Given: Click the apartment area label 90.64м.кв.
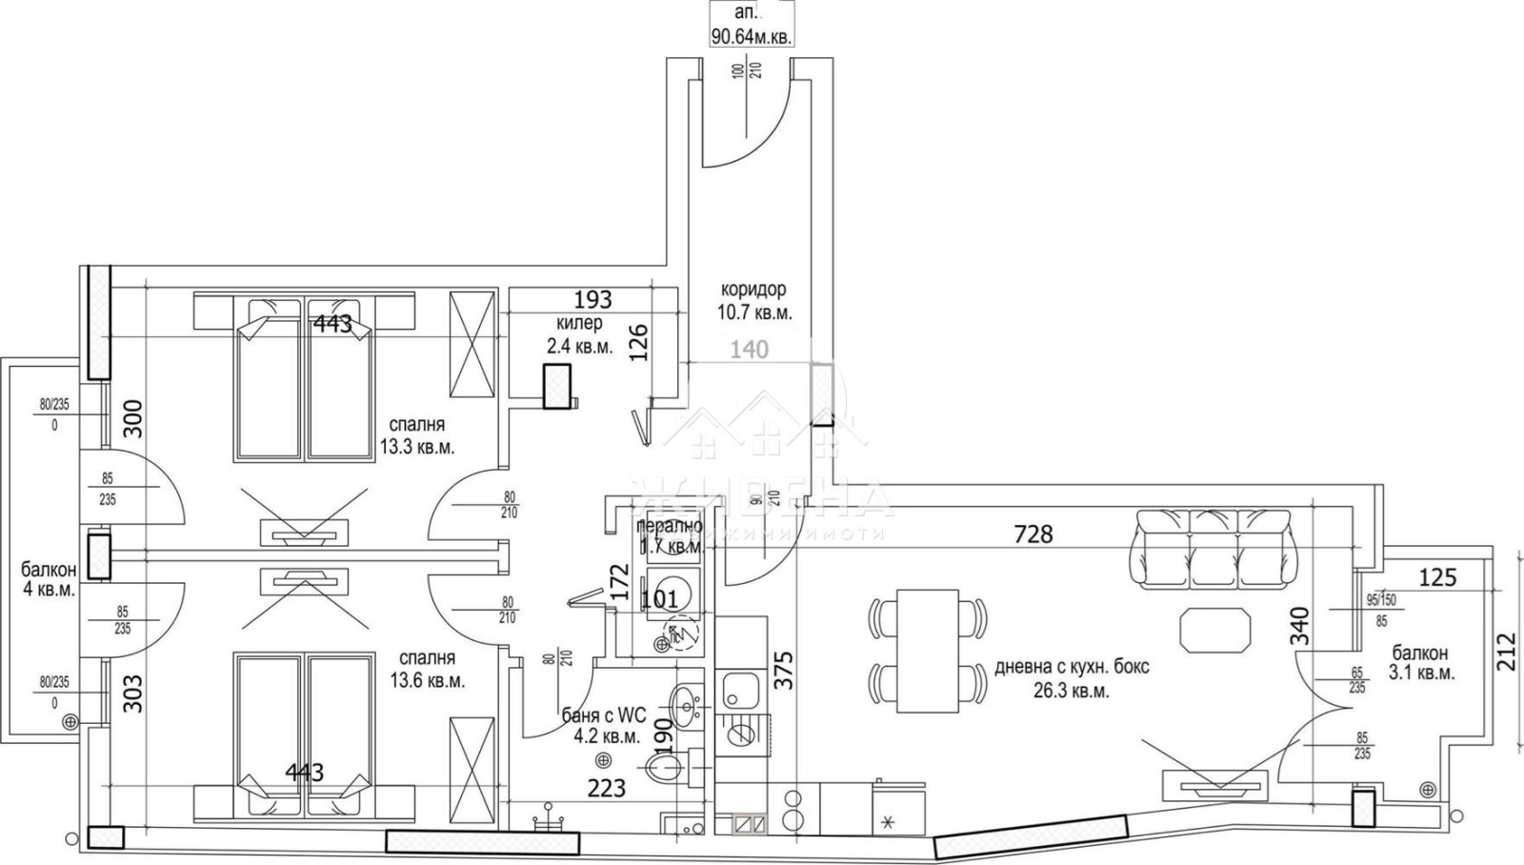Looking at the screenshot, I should coord(752,37).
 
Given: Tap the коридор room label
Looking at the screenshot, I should coord(753,300).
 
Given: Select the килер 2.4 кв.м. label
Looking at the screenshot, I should coord(578,335).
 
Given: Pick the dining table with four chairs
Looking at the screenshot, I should coord(927,650).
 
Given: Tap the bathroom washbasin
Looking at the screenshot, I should coord(684,705).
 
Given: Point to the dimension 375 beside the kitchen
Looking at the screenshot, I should coord(783,675).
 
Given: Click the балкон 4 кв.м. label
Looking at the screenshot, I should coord(48,580).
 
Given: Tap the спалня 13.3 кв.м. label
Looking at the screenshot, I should coord(417,435).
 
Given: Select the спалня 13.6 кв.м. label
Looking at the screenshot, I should coord(427,669).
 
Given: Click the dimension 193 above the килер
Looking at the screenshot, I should coord(592,300).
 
